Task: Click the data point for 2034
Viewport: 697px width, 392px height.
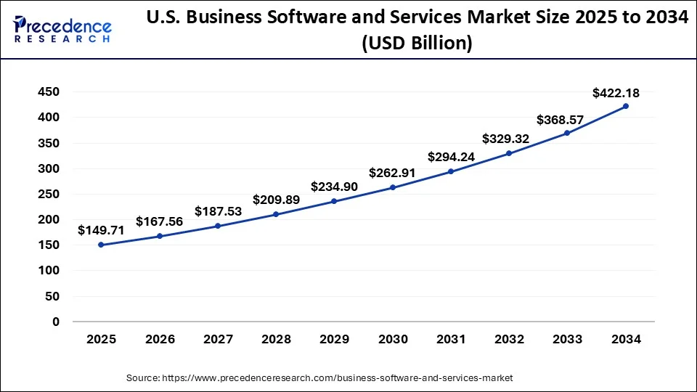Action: click(x=626, y=106)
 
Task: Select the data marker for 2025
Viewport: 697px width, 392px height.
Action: click(x=101, y=245)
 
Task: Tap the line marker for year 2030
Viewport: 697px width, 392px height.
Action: click(x=393, y=187)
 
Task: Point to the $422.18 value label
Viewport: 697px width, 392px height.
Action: click(x=616, y=92)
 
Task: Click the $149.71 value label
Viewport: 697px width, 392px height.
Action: click(x=101, y=230)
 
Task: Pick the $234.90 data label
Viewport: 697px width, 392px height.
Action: click(x=334, y=187)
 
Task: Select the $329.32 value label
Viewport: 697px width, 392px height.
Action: click(x=506, y=139)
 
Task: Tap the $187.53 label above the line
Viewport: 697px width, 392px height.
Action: click(x=218, y=211)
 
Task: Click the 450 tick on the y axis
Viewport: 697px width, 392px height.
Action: click(x=50, y=92)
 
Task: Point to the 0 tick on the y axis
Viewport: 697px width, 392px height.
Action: click(x=56, y=322)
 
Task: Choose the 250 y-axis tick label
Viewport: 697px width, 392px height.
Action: click(x=50, y=195)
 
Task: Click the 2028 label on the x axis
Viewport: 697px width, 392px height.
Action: click(x=276, y=339)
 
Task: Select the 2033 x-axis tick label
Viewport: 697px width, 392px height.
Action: click(x=568, y=339)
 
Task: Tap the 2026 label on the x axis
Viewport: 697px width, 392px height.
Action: click(x=160, y=339)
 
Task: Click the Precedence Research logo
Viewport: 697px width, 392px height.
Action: click(x=62, y=29)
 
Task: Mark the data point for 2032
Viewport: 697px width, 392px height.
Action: click(x=509, y=153)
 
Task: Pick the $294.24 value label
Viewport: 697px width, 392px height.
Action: click(x=451, y=156)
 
